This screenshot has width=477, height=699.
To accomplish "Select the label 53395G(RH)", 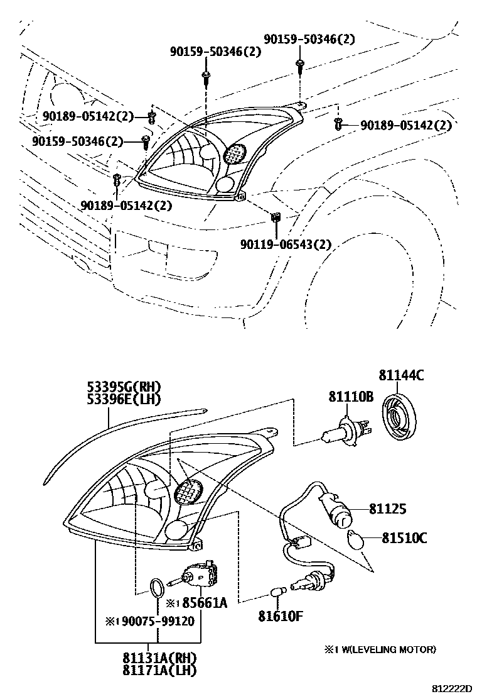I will pyautogui.click(x=124, y=386).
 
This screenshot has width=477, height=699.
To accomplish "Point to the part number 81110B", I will pyautogui.click(x=351, y=397).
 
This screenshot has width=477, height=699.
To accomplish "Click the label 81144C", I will pyautogui.click(x=401, y=376).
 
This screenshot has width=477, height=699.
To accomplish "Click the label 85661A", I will pyautogui.click(x=205, y=603).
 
